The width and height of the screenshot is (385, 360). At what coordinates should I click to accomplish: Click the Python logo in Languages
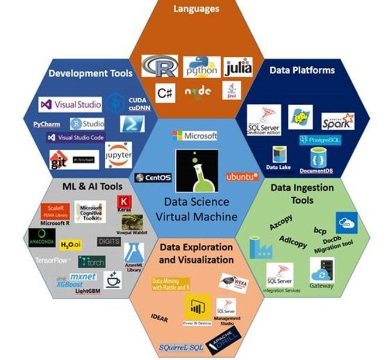(x=201, y=67)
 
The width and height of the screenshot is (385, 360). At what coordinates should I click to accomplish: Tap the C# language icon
(x=164, y=91)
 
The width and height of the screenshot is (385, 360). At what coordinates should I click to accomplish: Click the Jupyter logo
(x=119, y=155)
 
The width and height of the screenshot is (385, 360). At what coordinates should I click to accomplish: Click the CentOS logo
(x=149, y=177)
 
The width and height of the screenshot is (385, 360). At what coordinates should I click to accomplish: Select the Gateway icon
(x=322, y=272)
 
